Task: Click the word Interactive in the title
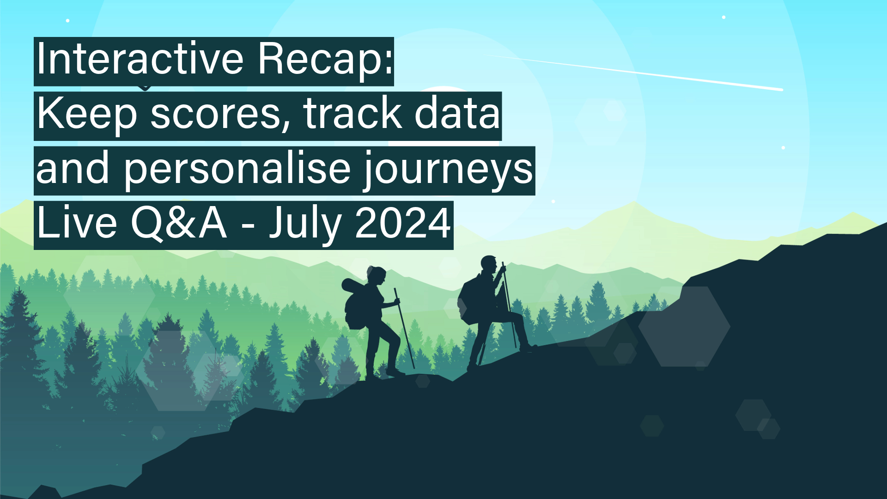click(x=140, y=59)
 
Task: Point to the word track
click(x=352, y=113)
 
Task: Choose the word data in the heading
click(x=457, y=113)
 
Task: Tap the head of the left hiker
click(x=376, y=276)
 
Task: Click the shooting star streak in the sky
click(x=634, y=72)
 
